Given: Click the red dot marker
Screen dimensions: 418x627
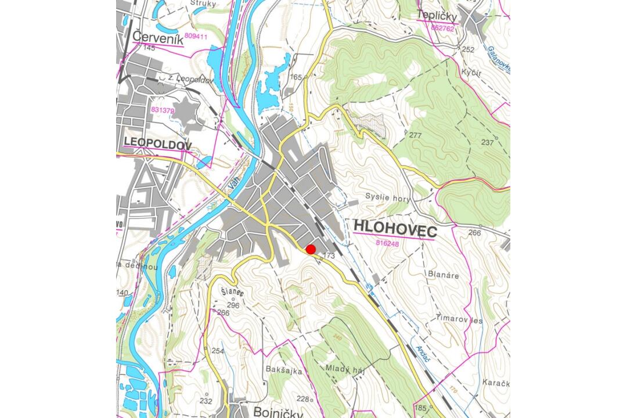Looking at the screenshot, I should click(311, 249).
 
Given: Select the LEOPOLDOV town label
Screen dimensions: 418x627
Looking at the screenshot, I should click(157, 143).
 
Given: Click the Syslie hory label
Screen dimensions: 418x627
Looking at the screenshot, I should click(388, 198).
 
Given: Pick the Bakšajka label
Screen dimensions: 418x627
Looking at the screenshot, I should click(284, 370).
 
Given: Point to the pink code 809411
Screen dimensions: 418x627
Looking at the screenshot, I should click(196, 36).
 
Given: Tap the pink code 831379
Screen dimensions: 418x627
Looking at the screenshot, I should click(163, 109).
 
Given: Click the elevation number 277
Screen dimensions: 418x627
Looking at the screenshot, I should click(415, 135).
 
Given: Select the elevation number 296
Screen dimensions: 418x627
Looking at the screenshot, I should click(233, 305).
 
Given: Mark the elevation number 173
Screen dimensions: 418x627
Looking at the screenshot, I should click(329, 255).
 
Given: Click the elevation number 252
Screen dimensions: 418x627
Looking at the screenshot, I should click(467, 49).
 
